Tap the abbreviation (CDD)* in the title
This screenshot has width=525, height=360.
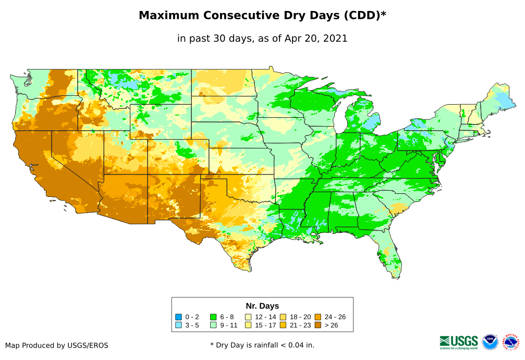[364, 16]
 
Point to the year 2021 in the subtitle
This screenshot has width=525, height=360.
[336, 39]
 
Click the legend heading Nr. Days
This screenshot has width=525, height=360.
[262, 306]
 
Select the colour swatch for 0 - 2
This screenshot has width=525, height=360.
[179, 317]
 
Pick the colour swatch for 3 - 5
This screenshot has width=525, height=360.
[179, 325]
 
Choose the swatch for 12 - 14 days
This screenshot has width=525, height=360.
[248, 317]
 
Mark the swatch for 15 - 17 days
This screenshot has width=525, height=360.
[248, 325]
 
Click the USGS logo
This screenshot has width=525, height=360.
[459, 341]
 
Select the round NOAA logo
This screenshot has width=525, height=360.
[490, 342]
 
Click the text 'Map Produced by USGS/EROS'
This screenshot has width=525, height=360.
[57, 345]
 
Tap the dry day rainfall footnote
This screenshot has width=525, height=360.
[262, 345]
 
